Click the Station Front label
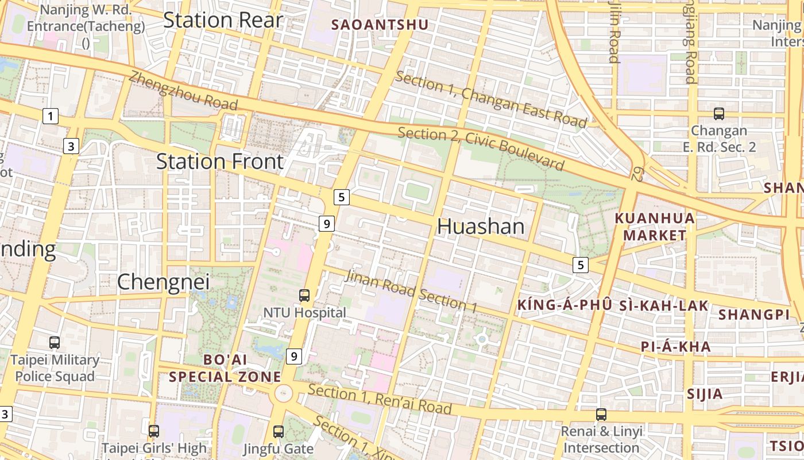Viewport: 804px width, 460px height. click(220, 162)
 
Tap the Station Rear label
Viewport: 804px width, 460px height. click(223, 20)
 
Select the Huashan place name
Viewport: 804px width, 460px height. click(481, 227)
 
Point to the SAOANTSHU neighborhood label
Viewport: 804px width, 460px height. click(380, 25)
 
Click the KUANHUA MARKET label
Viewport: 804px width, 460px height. click(655, 227)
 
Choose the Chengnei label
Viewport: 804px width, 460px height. click(163, 282)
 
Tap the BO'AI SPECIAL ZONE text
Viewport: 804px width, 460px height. click(225, 368)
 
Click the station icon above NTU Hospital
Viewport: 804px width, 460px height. click(304, 296)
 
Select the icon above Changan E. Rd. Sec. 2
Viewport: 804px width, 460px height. click(718, 114)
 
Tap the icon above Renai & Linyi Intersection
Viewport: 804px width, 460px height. click(601, 414)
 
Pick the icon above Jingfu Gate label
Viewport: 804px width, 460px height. click(279, 431)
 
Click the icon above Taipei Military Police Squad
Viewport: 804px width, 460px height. click(55, 343)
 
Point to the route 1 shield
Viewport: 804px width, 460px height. click(51, 117)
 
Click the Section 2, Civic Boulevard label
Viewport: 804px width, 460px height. click(481, 148)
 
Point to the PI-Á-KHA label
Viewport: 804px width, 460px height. click(676, 347)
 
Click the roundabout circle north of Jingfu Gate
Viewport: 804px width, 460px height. click(283, 394)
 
